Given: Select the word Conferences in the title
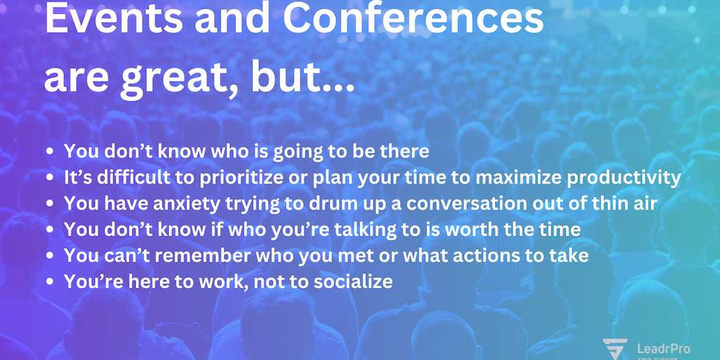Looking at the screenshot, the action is point(413,20).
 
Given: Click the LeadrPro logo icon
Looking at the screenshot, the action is point(615,349).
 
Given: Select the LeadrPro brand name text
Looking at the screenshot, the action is point(664,349).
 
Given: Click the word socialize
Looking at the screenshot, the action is point(353,281).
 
